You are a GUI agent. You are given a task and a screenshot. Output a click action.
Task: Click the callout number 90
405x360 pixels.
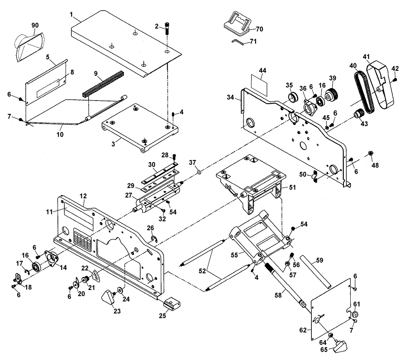point(35,26)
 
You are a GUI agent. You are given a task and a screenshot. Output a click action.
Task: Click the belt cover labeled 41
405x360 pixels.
point(381,85)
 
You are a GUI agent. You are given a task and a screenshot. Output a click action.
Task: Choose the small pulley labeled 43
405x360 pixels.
point(358,114)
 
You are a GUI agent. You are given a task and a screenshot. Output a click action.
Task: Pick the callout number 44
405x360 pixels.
point(263,71)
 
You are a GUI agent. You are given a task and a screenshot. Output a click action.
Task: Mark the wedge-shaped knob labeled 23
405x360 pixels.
point(108,298)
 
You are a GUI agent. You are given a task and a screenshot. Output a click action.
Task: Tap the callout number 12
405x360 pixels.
point(83,196)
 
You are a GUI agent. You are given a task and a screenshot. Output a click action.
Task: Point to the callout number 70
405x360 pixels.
point(259,29)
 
